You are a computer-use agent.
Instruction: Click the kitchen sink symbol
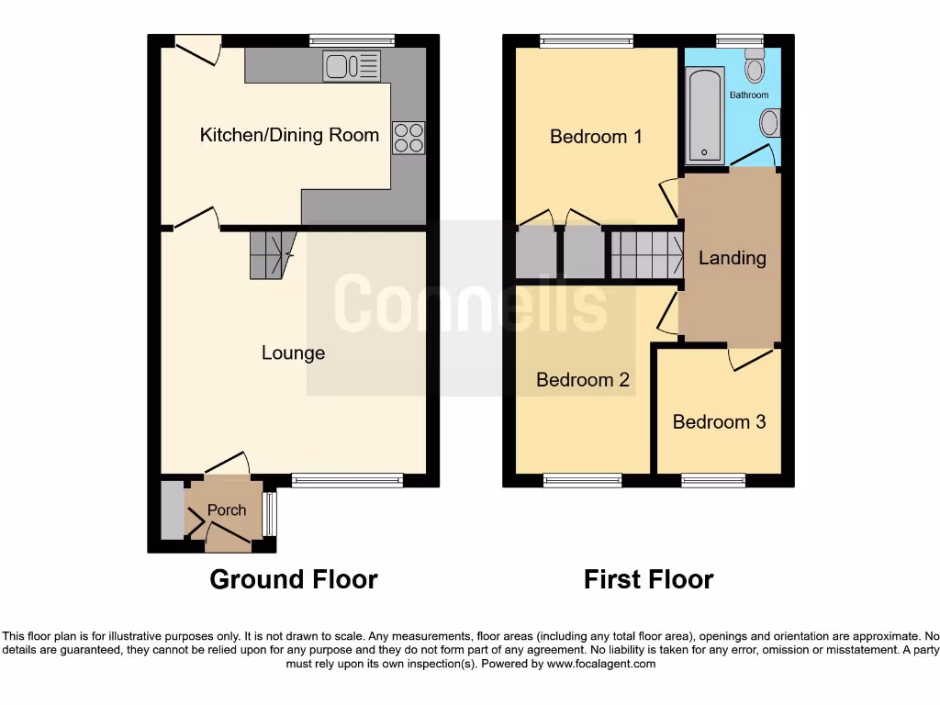pos(352,65)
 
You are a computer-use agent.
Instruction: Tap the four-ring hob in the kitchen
pos(408,137)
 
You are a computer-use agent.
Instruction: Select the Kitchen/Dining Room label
pos(289,135)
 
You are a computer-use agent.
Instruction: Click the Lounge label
pos(293,352)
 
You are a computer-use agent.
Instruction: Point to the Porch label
pos(227,509)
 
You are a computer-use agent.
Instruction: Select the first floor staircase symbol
pos(646,254)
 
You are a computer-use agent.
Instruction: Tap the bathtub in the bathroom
pos(705,114)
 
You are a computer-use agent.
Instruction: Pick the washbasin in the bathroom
pos(771,123)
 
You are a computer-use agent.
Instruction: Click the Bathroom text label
pos(749,95)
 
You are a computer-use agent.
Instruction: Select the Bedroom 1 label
pos(596,137)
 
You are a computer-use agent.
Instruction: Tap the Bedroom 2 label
pos(583,379)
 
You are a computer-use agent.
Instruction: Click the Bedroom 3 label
pos(719,421)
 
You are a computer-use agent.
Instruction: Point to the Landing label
pos(732,258)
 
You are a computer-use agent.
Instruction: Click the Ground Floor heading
pos(293,579)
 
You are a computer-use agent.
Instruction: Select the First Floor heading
pos(648,579)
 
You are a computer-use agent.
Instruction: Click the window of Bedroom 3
pos(713,480)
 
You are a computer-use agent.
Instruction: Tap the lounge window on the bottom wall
pos(347,480)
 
